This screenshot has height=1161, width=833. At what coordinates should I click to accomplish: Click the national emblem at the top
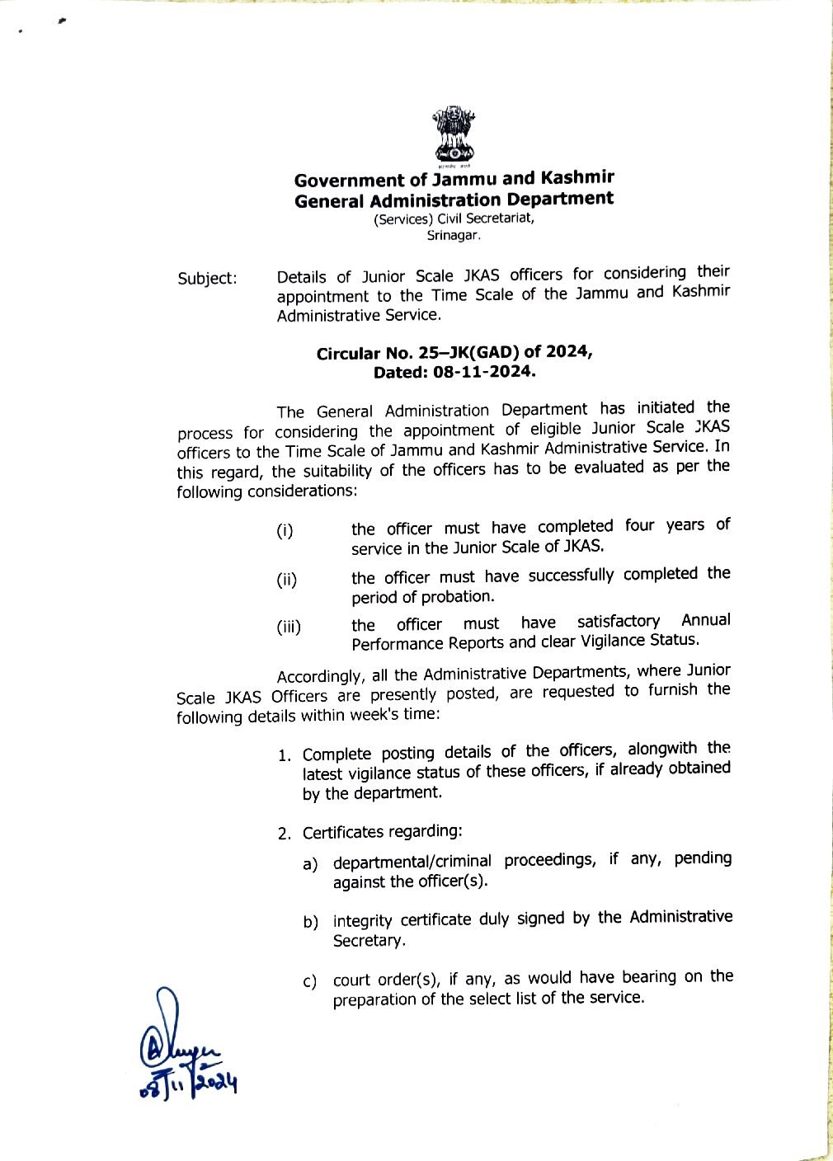coord(454,134)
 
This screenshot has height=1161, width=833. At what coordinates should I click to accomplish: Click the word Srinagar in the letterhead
coord(453,235)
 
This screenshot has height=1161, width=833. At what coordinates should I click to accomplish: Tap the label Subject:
coord(207,278)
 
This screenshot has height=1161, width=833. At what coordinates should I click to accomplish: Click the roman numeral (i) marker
coord(285,531)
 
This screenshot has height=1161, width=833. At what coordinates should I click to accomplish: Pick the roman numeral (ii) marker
coord(286,580)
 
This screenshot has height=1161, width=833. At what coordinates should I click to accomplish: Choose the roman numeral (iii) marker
coord(289,628)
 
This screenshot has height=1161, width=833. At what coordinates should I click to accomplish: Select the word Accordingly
coord(319,677)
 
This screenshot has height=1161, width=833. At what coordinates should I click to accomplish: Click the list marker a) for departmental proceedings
coord(310,864)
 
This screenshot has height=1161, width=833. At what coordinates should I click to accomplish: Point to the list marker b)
coord(310,922)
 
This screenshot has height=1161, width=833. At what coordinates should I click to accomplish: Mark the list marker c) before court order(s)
coord(310,981)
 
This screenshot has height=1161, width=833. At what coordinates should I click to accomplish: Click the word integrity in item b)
coord(363,920)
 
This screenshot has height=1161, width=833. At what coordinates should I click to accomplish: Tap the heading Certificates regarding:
coord(382,832)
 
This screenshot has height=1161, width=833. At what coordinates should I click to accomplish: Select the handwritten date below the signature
coord(189,1083)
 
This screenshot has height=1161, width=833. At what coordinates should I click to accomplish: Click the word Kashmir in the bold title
coord(577,177)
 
